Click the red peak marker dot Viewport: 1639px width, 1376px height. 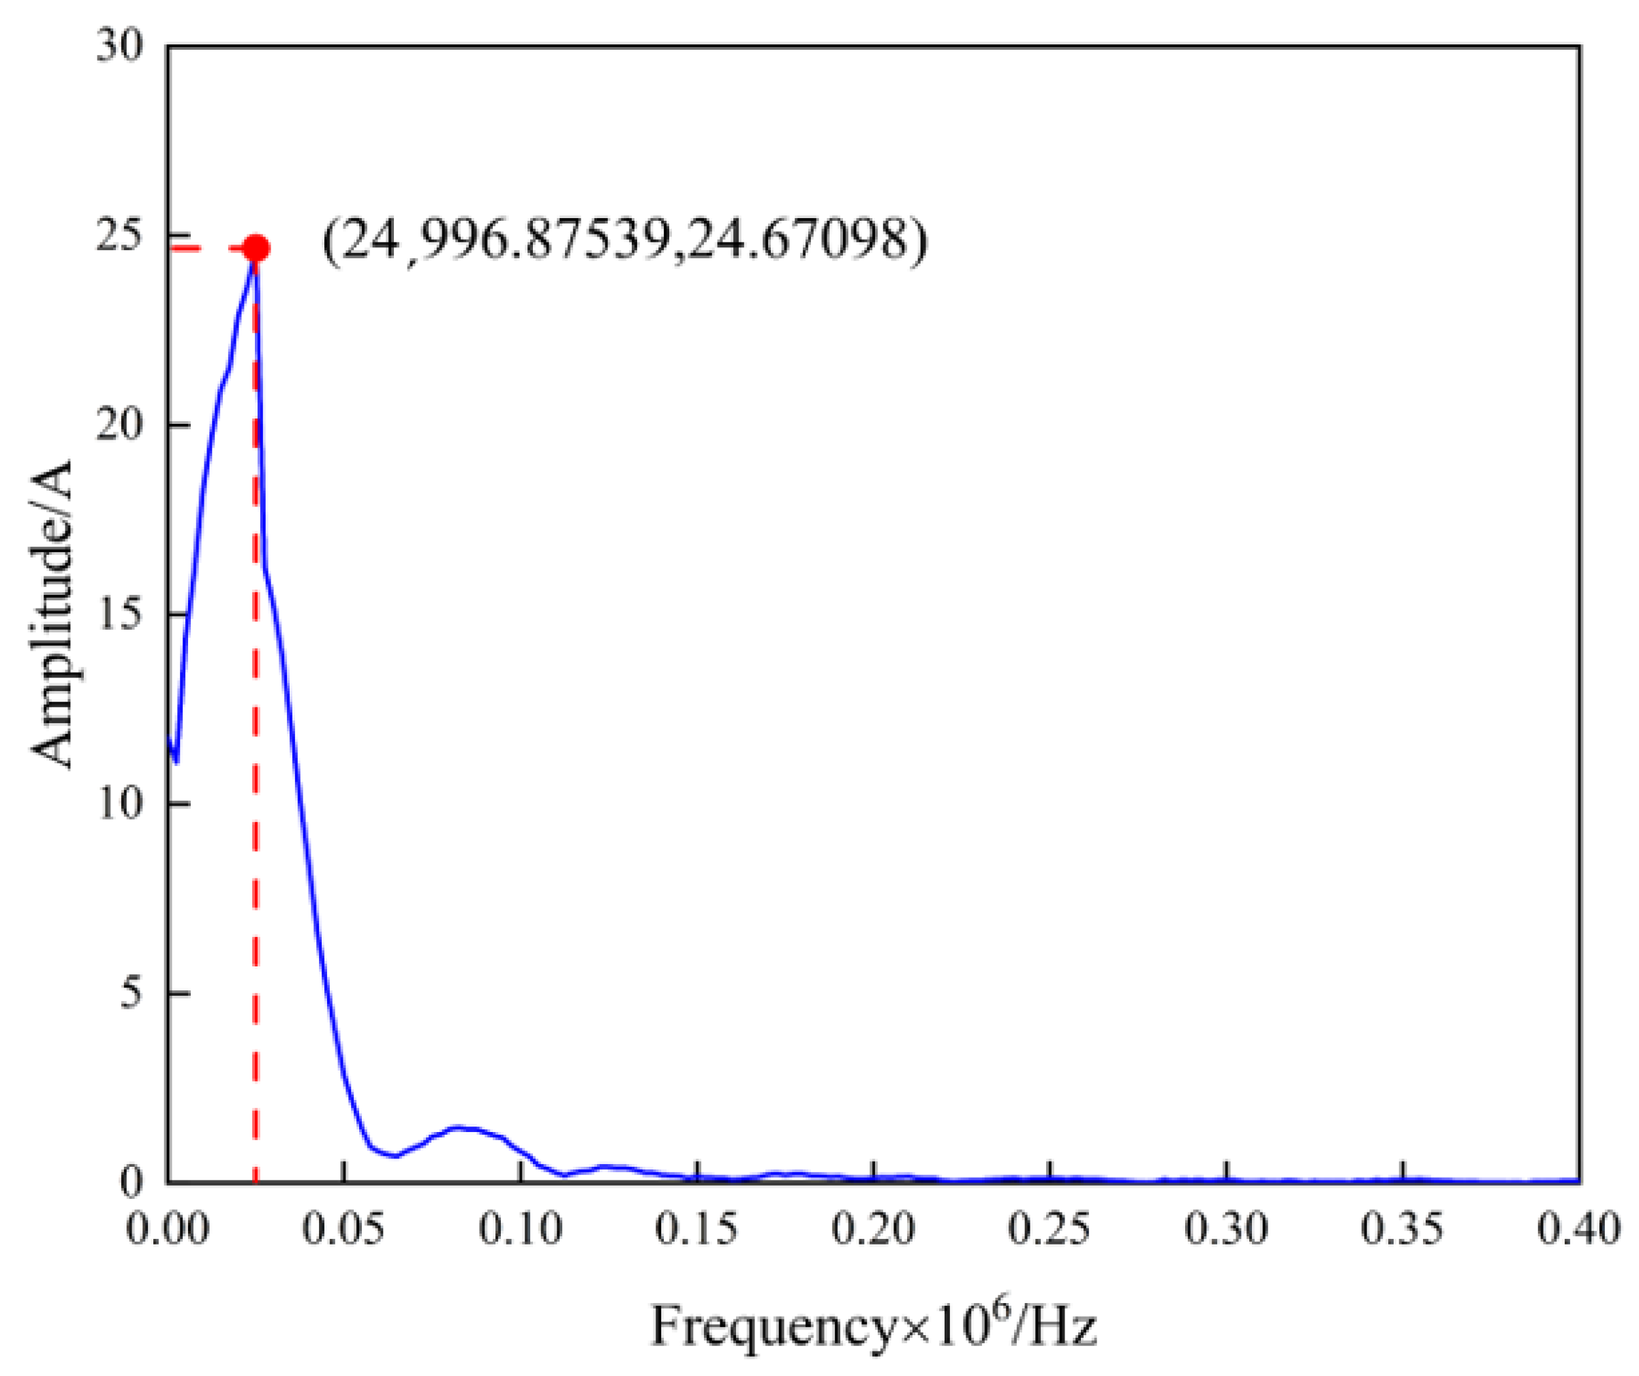tap(256, 249)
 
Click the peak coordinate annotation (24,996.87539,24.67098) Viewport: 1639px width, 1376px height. tap(624, 241)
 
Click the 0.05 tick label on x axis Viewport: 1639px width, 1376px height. tap(344, 1231)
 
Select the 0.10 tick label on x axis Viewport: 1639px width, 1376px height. tap(521, 1231)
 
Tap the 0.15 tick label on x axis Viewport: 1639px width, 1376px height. tap(697, 1231)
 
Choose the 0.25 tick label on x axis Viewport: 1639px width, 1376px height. tap(1050, 1231)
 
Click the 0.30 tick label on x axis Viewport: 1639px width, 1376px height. tap(1227, 1231)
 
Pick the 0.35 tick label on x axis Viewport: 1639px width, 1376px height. tap(1403, 1231)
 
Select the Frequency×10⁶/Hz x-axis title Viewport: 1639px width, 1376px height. tap(874, 1326)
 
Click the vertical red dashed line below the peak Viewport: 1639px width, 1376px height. tap(255, 780)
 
